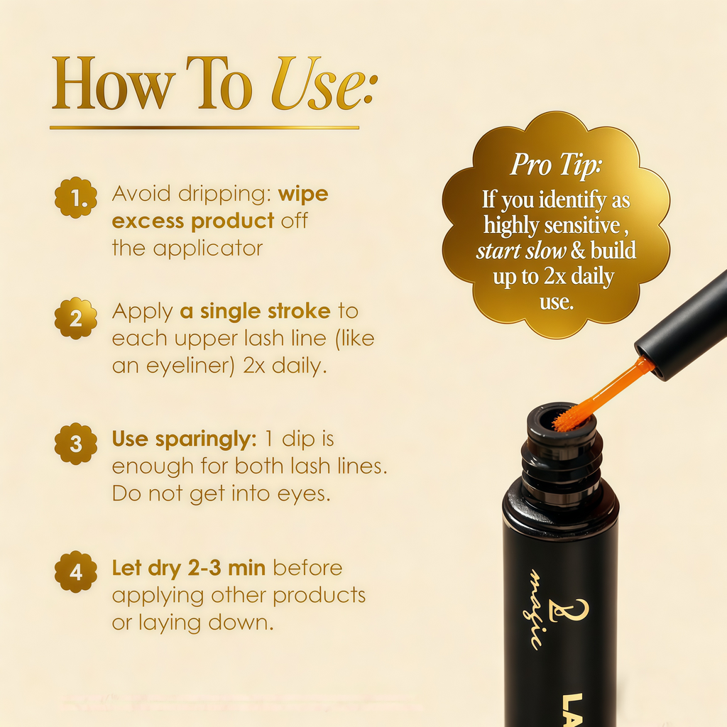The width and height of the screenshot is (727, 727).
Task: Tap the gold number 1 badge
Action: pos(75,199)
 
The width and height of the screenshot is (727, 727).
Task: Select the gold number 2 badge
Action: pos(75,319)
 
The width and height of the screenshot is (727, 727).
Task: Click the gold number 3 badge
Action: pos(75,444)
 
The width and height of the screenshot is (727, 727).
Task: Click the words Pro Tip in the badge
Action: pos(556,165)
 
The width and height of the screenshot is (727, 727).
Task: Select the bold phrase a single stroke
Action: pos(254,311)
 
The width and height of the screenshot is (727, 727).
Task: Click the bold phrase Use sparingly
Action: pos(183,439)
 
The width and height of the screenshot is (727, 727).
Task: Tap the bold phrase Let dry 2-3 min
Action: pos(189,568)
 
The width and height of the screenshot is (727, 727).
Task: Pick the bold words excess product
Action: pos(192,221)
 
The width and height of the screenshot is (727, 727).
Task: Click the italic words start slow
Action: pos(521,251)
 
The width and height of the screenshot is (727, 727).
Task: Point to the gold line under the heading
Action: pos(204,128)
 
